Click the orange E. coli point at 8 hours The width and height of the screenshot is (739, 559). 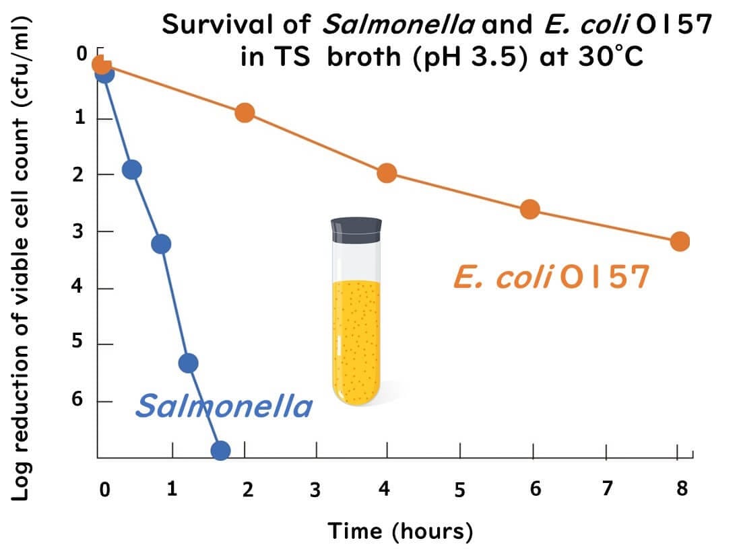pos(680,241)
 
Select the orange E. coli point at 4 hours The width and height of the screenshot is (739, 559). pos(387,173)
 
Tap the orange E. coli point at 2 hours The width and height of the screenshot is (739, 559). pos(245,112)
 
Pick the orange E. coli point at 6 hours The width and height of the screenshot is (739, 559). pos(530,209)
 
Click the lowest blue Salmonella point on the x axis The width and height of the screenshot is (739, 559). pos(220,450)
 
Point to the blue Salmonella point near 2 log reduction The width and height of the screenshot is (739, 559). pos(132,170)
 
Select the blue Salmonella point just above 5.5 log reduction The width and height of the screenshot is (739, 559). pos(189,363)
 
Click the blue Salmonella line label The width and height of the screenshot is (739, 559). pos(224,406)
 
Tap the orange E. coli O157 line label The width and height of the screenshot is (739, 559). pos(552,277)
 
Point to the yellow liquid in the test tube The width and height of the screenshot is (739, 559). pos(356,336)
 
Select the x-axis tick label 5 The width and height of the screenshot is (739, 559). pos(459,490)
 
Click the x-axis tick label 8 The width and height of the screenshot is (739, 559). pos(682,488)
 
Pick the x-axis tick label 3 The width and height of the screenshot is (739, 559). pos(315,490)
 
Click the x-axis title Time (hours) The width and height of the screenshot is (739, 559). pos(400,531)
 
